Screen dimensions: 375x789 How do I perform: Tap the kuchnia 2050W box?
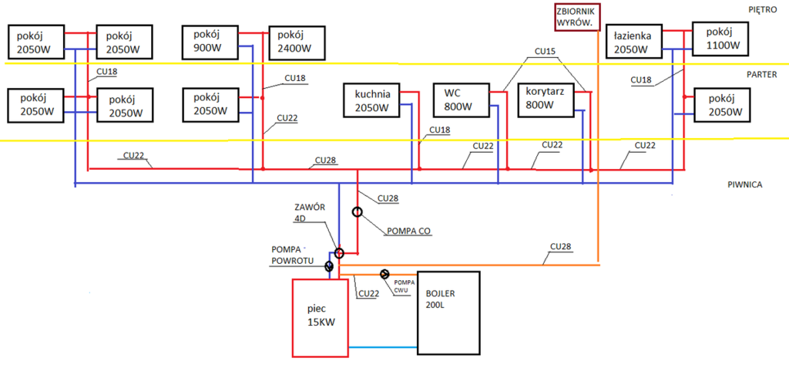click(372, 101)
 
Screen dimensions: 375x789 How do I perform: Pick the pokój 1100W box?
click(722, 40)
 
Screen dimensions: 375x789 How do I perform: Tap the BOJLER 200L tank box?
click(448, 312)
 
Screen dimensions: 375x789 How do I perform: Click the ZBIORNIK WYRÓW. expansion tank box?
click(577, 17)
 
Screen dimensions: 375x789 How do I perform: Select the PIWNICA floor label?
click(744, 185)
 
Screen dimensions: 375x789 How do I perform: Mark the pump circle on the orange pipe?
click(384, 274)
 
